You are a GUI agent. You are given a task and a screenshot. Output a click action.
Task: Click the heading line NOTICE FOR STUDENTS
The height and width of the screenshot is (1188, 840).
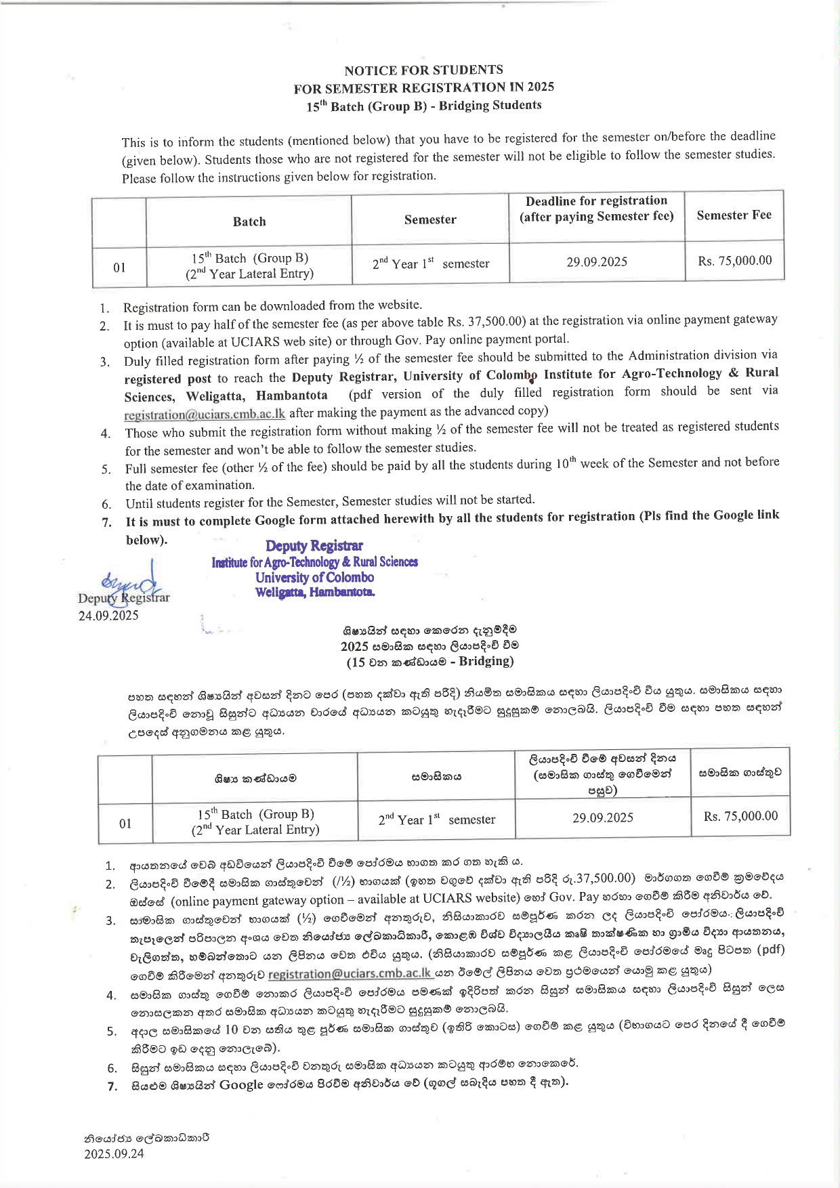pyautogui.click(x=423, y=70)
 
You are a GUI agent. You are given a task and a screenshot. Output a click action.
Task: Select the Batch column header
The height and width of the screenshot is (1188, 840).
pyautogui.click(x=249, y=221)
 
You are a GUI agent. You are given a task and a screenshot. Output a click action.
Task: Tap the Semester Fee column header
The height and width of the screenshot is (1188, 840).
pyautogui.click(x=734, y=215)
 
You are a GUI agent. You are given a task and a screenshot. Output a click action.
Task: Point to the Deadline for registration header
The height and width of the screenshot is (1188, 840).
pyautogui.click(x=596, y=209)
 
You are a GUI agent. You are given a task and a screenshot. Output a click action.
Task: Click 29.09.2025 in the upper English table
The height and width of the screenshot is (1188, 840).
pyautogui.click(x=597, y=262)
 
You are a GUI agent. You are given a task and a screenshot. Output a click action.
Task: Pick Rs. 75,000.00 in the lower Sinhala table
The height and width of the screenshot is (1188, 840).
pyautogui.click(x=740, y=816)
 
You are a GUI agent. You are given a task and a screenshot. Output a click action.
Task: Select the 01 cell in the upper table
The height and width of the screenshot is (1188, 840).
pyautogui.click(x=119, y=268)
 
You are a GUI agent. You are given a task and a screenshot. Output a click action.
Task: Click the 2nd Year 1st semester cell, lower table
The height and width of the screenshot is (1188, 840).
pyautogui.click(x=436, y=820)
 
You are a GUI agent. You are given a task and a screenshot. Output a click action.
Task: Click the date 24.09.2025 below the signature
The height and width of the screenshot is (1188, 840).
pyautogui.click(x=108, y=616)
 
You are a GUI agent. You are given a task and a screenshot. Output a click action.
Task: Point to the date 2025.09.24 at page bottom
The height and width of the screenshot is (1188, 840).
pyautogui.click(x=114, y=1154)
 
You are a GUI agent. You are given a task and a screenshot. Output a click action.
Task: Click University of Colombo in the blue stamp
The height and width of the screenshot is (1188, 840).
pyautogui.click(x=314, y=578)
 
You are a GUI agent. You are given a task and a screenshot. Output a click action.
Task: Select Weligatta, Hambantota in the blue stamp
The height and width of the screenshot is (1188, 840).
pyautogui.click(x=314, y=593)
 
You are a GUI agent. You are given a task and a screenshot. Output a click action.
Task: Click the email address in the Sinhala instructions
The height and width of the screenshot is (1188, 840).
pyautogui.click(x=350, y=974)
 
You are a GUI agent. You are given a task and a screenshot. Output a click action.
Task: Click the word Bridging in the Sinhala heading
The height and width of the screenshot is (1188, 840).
pyautogui.click(x=485, y=661)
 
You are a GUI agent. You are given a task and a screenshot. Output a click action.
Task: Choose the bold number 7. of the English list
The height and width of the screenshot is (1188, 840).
pyautogui.click(x=106, y=522)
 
